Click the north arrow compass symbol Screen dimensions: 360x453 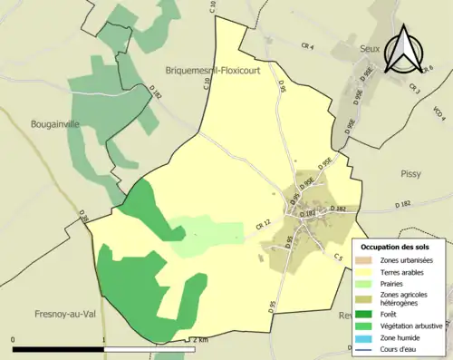(x=403, y=48)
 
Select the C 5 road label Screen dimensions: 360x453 (x=338, y=257)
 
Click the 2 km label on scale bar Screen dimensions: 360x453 (x=200, y=339)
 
